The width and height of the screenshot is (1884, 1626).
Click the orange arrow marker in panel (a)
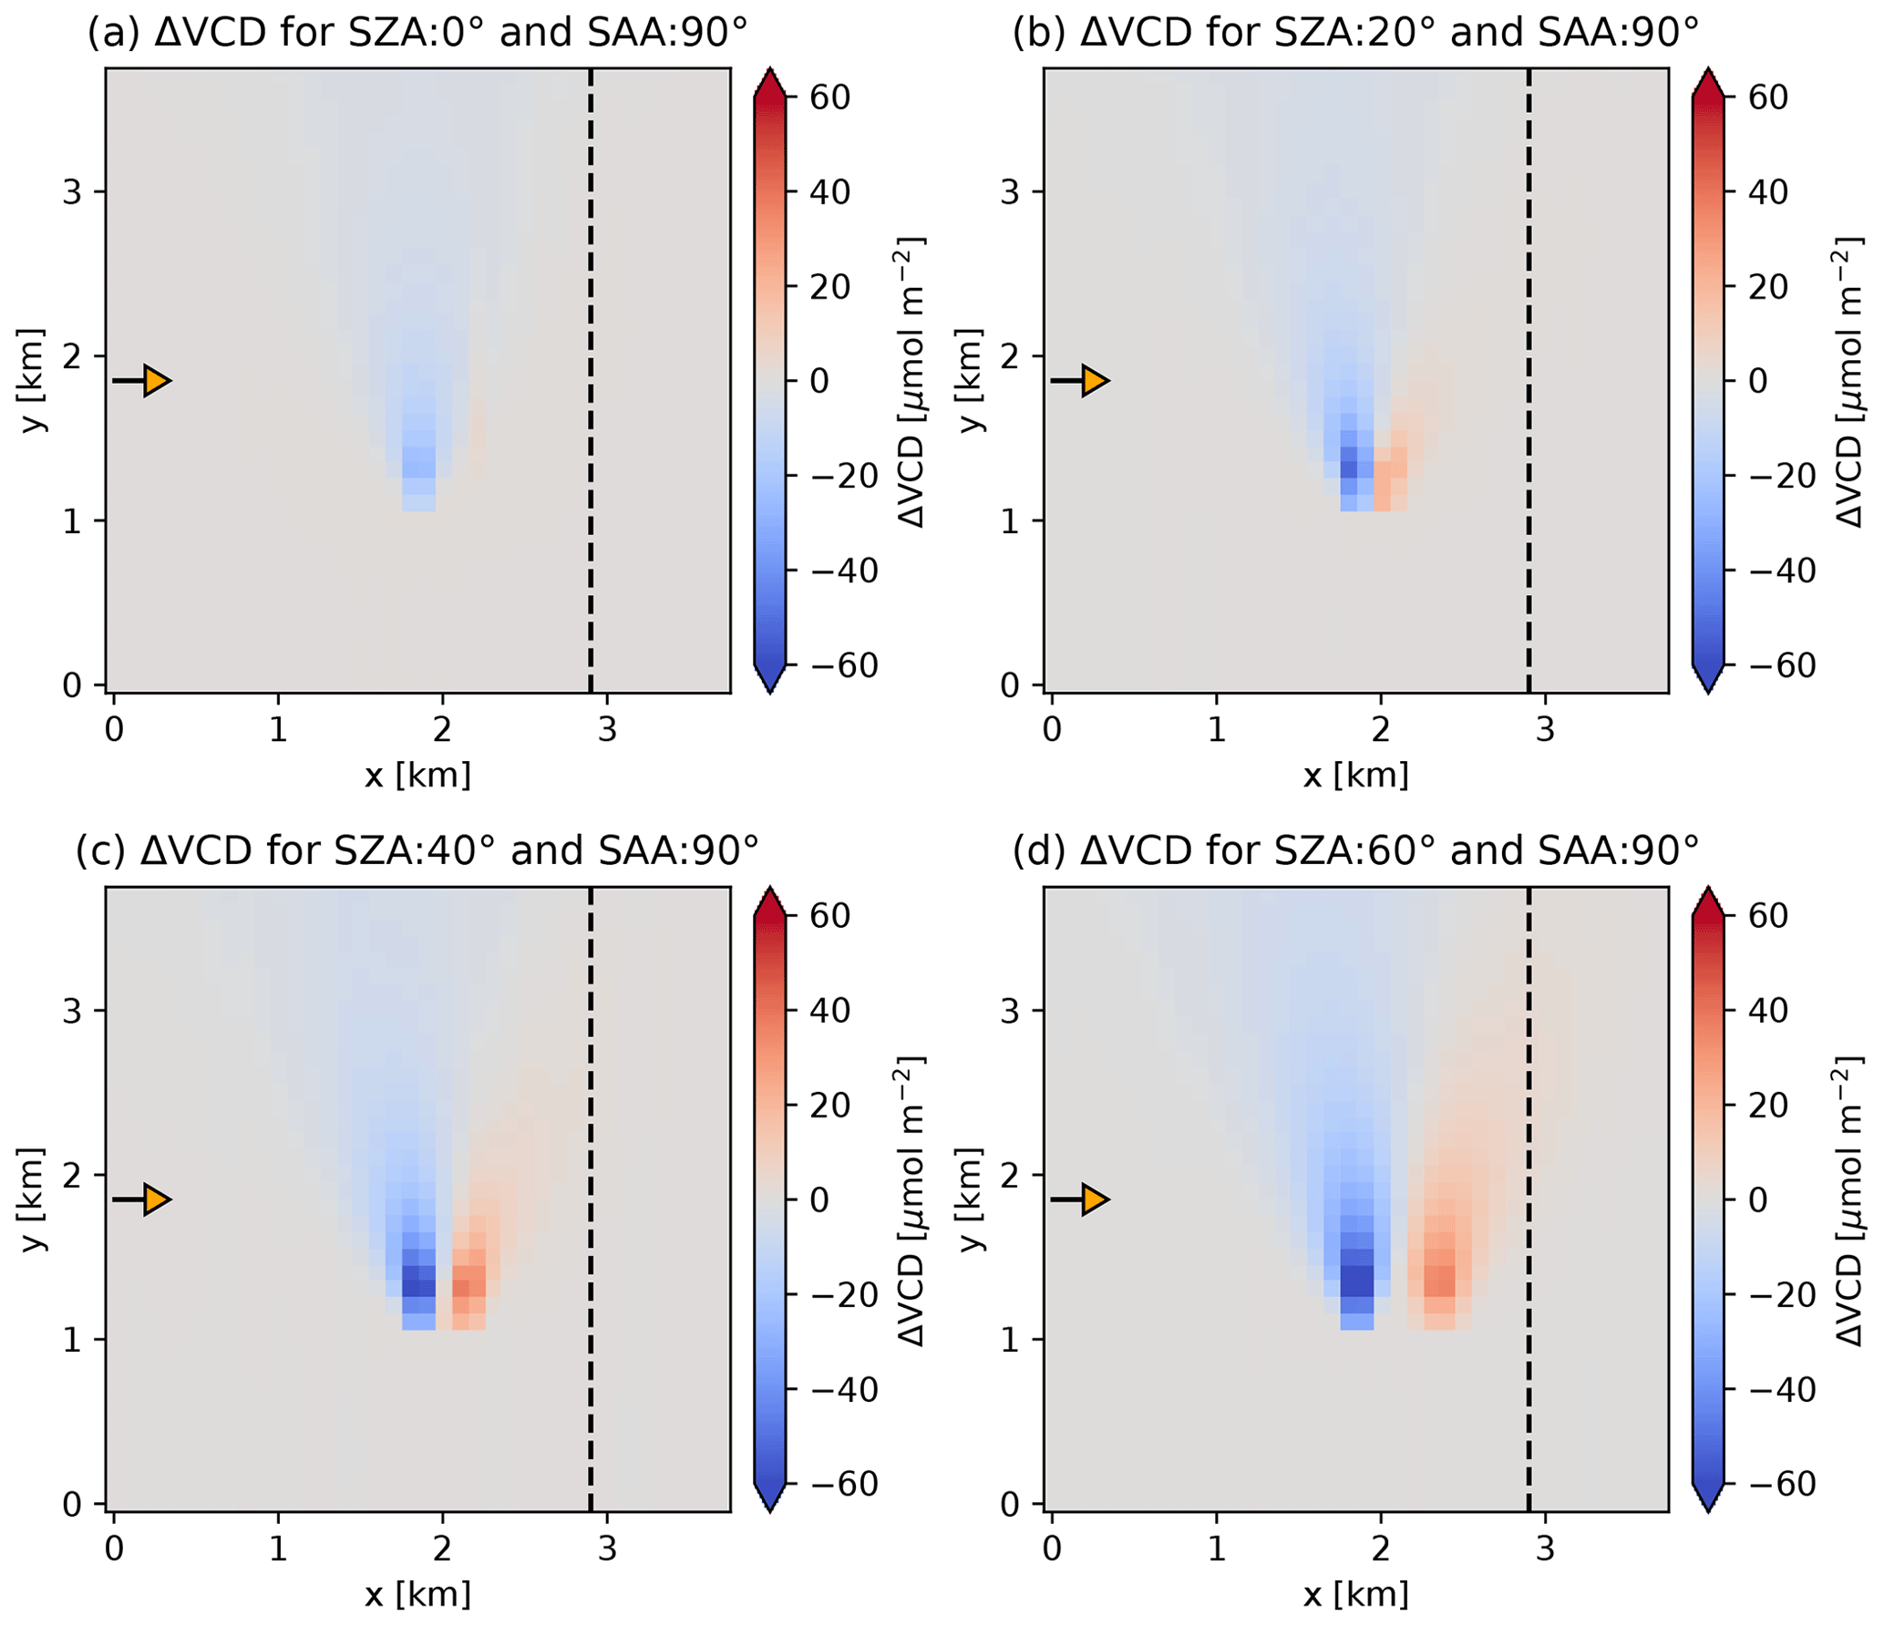pyautogui.click(x=157, y=380)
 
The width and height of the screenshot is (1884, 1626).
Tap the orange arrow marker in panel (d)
pyautogui.click(x=1095, y=1199)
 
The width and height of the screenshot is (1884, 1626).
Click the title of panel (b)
pyautogui.click(x=1355, y=33)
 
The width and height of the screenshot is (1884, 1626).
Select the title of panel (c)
pyautogui.click(x=417, y=851)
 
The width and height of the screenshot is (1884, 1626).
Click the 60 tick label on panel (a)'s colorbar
pyautogui.click(x=830, y=98)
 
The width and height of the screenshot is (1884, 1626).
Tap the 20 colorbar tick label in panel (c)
pyautogui.click(x=830, y=1106)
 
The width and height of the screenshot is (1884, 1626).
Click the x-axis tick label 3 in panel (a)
pyautogui.click(x=607, y=730)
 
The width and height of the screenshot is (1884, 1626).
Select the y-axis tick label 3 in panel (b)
pyautogui.click(x=1009, y=192)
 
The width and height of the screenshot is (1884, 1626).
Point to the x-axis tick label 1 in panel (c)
pyautogui.click(x=278, y=1549)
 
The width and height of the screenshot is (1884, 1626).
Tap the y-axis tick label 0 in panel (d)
pyautogui.click(x=1009, y=1505)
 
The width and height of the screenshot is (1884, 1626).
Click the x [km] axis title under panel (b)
pyautogui.click(x=1355, y=776)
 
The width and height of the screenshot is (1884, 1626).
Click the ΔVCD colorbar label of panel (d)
pyautogui.click(x=1848, y=1199)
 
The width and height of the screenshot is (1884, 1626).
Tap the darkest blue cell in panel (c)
pyautogui.click(x=418, y=1287)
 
